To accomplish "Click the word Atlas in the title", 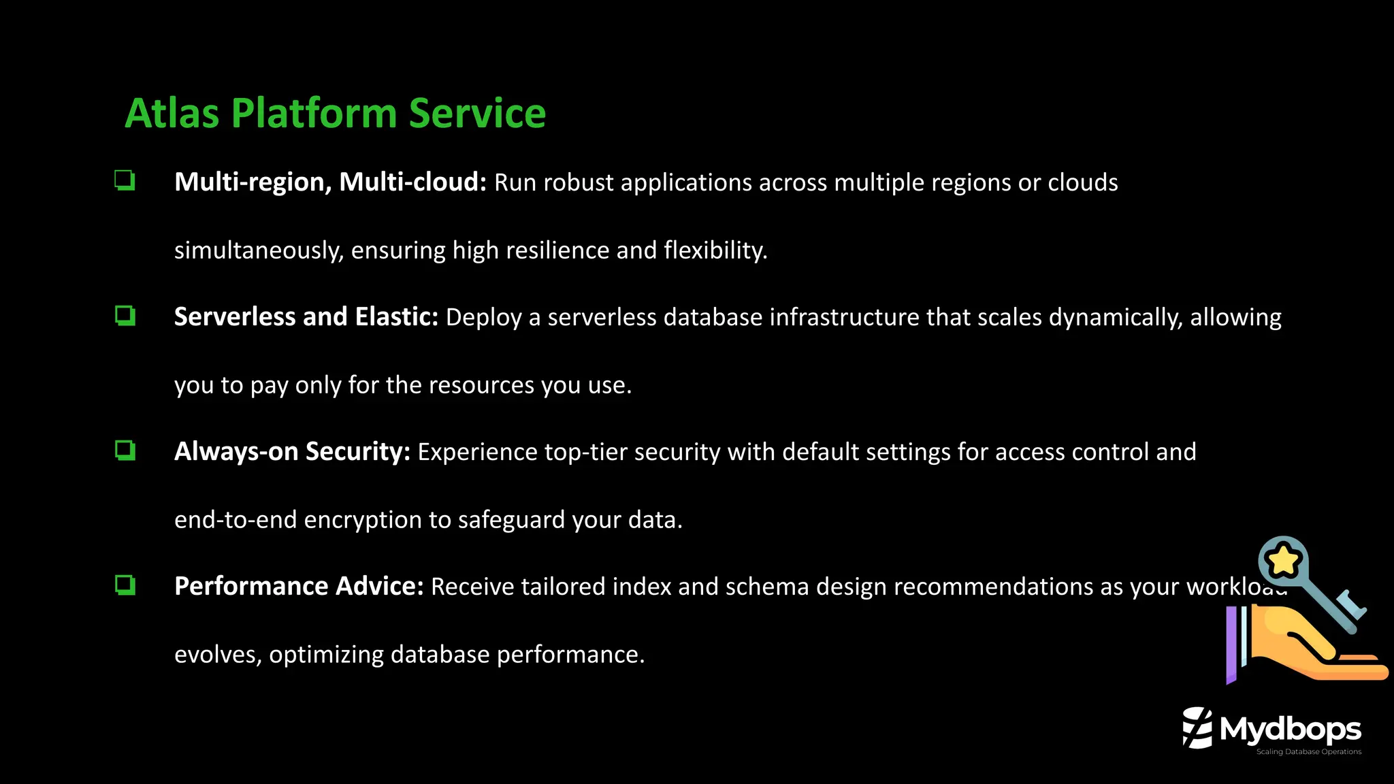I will point(172,113).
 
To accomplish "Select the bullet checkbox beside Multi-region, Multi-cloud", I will point(125,181).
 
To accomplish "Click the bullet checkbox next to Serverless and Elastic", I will point(125,316).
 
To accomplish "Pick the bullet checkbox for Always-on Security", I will point(125,451).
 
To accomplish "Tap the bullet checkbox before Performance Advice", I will point(125,585).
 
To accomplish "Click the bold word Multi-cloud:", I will point(412,182).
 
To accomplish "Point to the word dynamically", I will point(1115,318).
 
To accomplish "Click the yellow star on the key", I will point(1283,561).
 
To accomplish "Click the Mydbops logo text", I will point(1290,730).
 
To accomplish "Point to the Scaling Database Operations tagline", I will point(1308,752).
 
